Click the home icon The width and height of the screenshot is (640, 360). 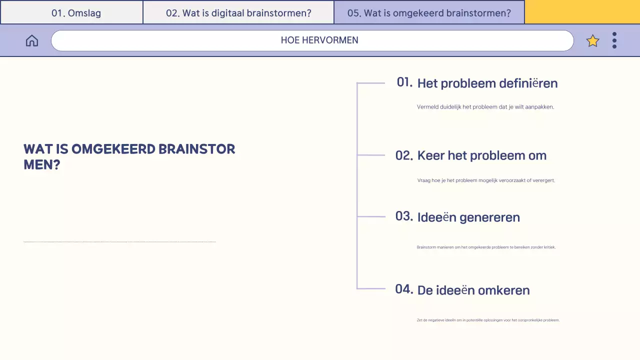click(32, 40)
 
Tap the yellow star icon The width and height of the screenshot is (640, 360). click(592, 41)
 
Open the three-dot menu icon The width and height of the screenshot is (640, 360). click(614, 40)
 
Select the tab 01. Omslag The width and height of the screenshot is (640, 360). click(76, 13)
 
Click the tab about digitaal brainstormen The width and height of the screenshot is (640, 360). click(238, 13)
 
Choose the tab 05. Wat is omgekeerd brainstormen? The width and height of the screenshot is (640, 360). click(429, 13)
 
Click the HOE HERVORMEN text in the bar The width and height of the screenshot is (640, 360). click(319, 40)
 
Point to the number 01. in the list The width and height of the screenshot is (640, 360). click(404, 82)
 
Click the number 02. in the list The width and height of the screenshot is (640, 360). click(404, 155)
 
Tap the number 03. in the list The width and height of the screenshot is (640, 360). click(404, 216)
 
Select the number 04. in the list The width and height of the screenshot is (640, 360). click(404, 289)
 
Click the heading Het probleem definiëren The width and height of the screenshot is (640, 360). click(487, 83)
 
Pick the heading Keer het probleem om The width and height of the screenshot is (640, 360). click(481, 155)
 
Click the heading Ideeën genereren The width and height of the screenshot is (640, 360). click(468, 217)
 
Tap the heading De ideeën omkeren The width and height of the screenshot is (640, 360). click(473, 290)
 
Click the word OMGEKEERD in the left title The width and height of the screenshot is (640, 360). click(113, 149)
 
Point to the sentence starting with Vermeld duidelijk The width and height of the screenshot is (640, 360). click(485, 107)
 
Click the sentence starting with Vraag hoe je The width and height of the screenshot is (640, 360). click(486, 180)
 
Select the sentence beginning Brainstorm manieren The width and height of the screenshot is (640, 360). click(486, 247)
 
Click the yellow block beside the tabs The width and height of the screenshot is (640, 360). click(582, 12)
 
